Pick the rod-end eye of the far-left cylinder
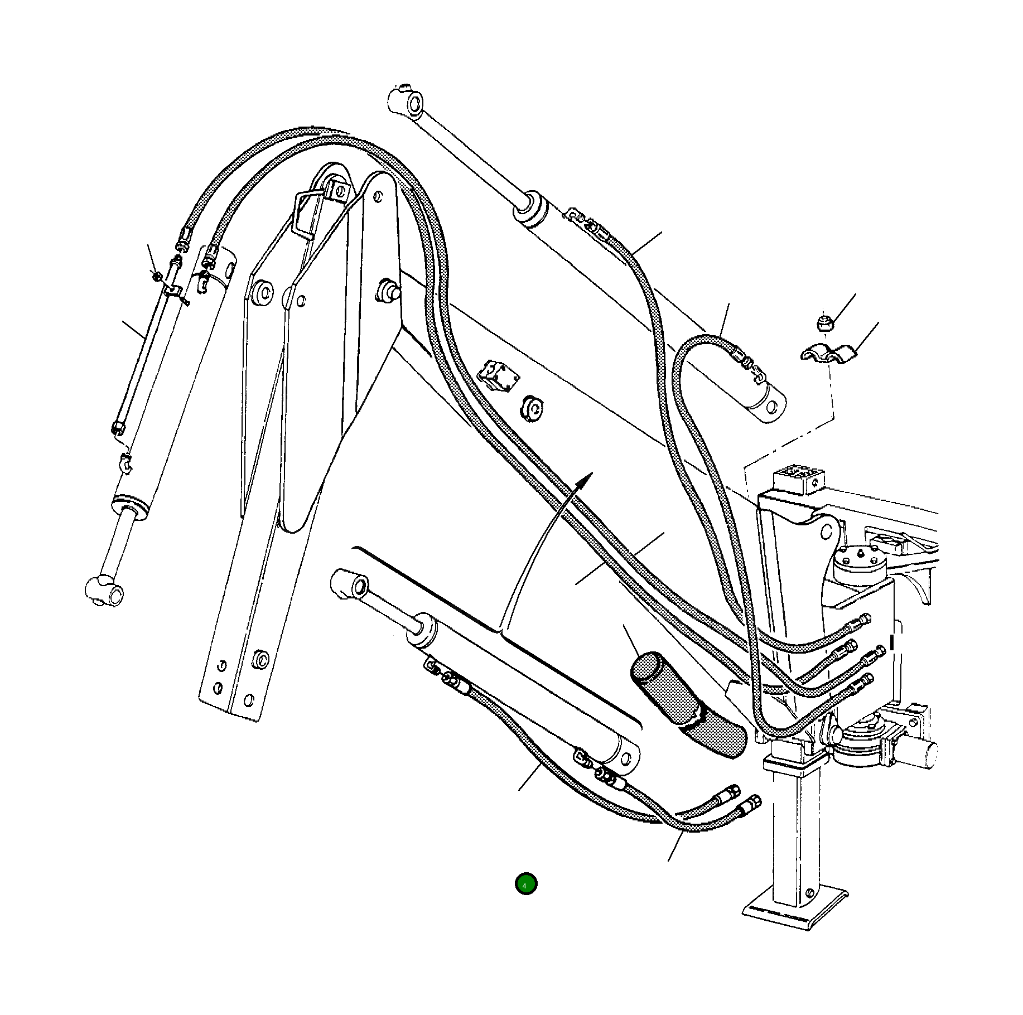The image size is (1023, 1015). click(x=104, y=589)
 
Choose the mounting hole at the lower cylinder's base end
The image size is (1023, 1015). click(x=629, y=759)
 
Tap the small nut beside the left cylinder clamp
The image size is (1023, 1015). click(x=157, y=275)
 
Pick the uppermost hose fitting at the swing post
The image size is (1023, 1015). click(x=862, y=620)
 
